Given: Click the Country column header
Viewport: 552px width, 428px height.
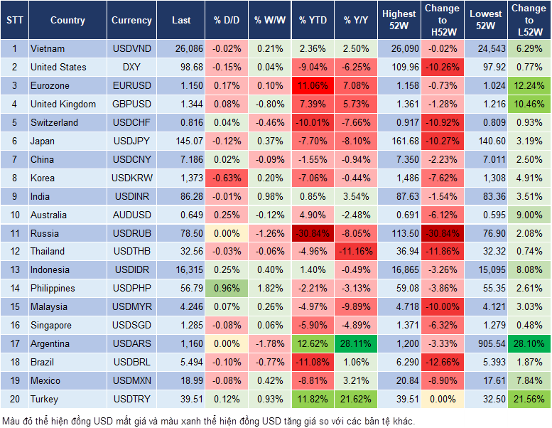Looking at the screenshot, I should point(67,21).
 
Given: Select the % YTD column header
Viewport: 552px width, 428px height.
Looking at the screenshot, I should point(313,21).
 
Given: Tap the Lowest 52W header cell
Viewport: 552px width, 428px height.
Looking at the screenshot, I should point(486,21).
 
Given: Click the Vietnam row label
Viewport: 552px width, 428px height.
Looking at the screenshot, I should point(48,49).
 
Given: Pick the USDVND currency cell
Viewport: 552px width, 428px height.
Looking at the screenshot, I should point(131,49).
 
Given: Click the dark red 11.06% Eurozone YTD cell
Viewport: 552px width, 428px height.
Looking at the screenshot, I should point(313,86).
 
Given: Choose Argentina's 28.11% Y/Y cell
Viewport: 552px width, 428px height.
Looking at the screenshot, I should point(357,344).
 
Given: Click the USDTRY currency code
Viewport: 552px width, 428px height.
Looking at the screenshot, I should point(131,400).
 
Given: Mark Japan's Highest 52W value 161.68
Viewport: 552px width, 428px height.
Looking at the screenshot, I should point(399,141).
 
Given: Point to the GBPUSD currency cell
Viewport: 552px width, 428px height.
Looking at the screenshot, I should point(131,105).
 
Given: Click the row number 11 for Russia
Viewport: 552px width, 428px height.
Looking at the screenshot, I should point(14,233).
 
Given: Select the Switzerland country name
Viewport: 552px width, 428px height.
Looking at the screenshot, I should point(55,122).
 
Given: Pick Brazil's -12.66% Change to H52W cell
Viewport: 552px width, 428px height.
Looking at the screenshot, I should point(442,363).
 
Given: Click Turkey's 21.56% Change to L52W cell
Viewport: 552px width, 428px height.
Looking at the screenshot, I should point(529,400).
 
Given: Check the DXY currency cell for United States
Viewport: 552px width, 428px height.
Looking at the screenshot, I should point(131,68).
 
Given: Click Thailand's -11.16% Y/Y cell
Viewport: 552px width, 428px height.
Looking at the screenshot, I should point(357,252).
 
